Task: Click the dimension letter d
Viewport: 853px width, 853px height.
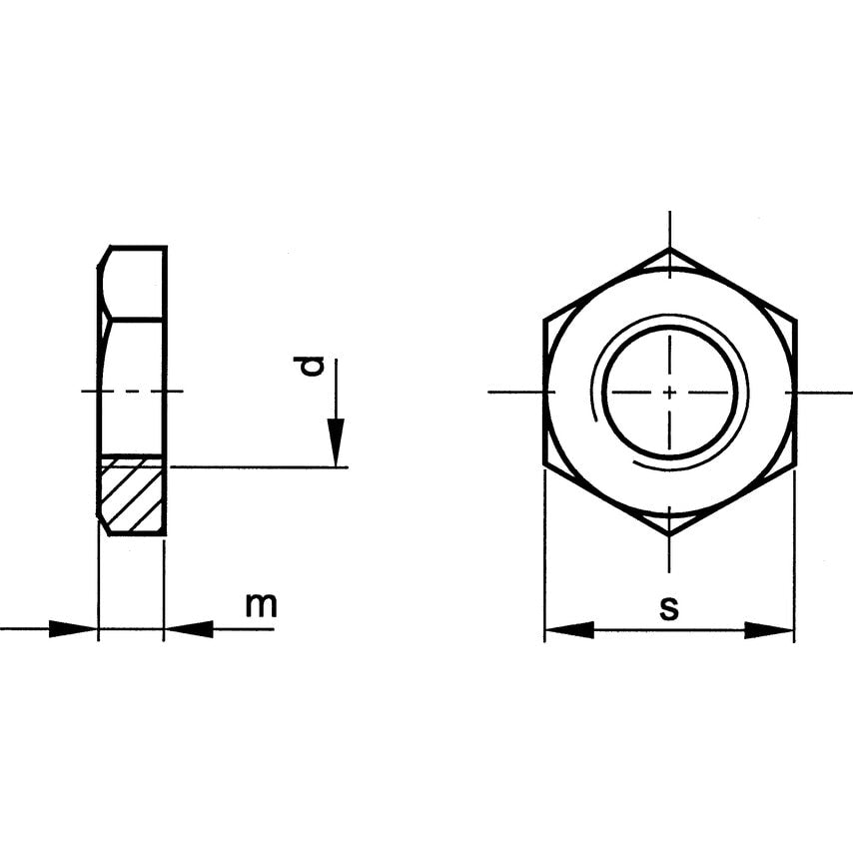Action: pyautogui.click(x=314, y=367)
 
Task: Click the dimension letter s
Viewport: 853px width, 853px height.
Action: pyautogui.click(x=669, y=607)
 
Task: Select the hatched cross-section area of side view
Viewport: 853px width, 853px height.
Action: pyautogui.click(x=133, y=495)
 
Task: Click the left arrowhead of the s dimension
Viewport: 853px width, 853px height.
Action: pyautogui.click(x=568, y=630)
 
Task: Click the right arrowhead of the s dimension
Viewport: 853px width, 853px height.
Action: pyautogui.click(x=770, y=630)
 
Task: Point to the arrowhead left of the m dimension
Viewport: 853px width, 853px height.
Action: pyautogui.click(x=74, y=628)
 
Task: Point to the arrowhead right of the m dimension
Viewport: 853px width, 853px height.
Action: pyautogui.click(x=189, y=628)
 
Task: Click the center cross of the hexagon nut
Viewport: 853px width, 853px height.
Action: pyautogui.click(x=669, y=392)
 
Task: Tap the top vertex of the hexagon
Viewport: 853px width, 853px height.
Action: pyautogui.click(x=669, y=248)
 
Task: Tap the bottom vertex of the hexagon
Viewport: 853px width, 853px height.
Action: pyautogui.click(x=669, y=535)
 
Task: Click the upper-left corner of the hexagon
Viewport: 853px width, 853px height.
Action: pyautogui.click(x=545, y=320)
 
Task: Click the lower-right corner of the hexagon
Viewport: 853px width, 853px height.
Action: pyautogui.click(x=794, y=463)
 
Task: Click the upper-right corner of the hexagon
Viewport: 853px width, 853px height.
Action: pyautogui.click(x=794, y=320)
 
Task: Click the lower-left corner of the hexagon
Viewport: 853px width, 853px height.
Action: pyautogui.click(x=545, y=463)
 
